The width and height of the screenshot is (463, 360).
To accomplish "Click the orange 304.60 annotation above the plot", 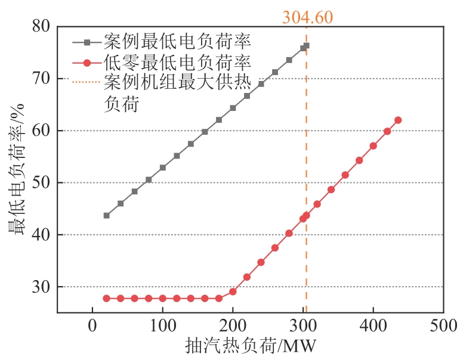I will pos(307,17).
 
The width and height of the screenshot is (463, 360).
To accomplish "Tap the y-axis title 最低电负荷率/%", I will pos(16,169).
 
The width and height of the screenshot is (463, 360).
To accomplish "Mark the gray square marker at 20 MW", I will pos(107,215).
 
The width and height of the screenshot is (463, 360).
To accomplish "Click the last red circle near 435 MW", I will pos(398,120).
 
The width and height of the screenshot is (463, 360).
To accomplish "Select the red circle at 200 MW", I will pos(233,291).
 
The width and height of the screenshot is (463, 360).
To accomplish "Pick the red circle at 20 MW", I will pos(107,298).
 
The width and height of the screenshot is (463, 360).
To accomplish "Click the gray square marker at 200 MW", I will pos(233,108).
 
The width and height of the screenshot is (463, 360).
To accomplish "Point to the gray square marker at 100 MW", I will pos(163,167).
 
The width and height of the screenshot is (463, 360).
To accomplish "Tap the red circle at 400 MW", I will pos(374,145).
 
